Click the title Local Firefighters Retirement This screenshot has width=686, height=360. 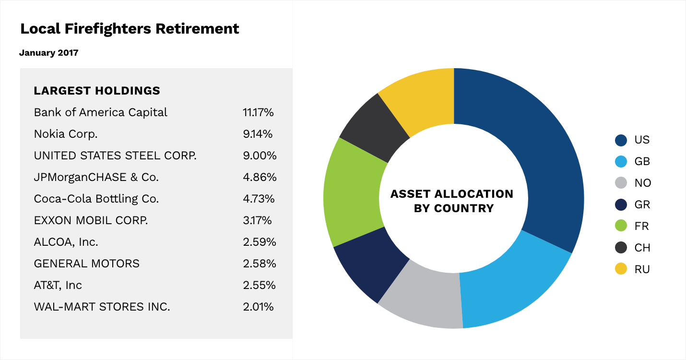coord(130,29)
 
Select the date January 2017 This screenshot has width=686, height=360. coord(48,53)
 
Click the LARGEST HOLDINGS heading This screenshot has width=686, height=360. coord(97,91)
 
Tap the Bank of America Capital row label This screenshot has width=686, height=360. coord(101,112)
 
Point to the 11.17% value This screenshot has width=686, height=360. coord(258,112)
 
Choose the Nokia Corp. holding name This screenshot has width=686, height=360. coord(66,134)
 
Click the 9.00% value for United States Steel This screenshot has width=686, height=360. coord(260,156)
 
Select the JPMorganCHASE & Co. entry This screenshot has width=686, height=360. coord(96,177)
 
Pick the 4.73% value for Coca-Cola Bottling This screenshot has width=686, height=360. coord(260,199)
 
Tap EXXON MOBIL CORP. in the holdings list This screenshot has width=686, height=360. coord(91,220)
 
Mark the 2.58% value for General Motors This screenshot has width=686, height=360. coord(260,264)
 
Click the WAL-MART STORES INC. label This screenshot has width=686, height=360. coord(102,307)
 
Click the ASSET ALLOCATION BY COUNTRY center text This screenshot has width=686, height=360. coord(451,201)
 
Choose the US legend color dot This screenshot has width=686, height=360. coord(621,140)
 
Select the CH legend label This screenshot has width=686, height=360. coord(642,248)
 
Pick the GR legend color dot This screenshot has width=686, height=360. coord(621,205)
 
